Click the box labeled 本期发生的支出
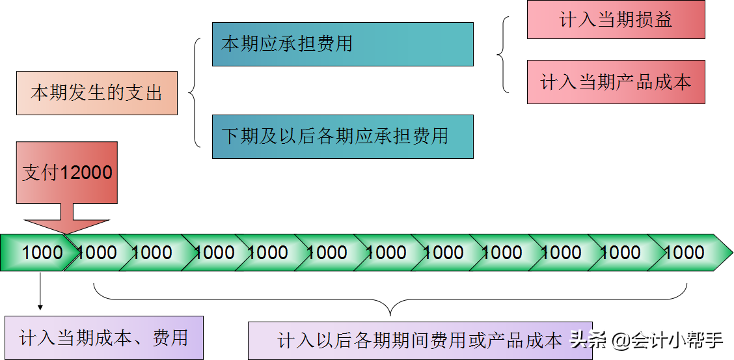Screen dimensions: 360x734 click(96, 93)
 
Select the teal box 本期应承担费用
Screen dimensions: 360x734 click(342, 44)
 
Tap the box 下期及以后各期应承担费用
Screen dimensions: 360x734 click(342, 137)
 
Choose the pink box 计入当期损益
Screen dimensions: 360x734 click(616, 20)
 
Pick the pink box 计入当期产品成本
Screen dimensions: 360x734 click(616, 82)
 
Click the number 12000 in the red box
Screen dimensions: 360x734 click(87, 173)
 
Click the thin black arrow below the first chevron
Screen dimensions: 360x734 click(40, 292)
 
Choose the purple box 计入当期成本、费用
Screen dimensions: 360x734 click(104, 337)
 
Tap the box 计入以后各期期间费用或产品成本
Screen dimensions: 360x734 click(419, 340)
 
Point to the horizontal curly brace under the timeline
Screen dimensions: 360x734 click(390, 299)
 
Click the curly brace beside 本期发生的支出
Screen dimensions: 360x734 click(195, 92)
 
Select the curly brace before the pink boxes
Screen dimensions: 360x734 click(503, 55)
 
